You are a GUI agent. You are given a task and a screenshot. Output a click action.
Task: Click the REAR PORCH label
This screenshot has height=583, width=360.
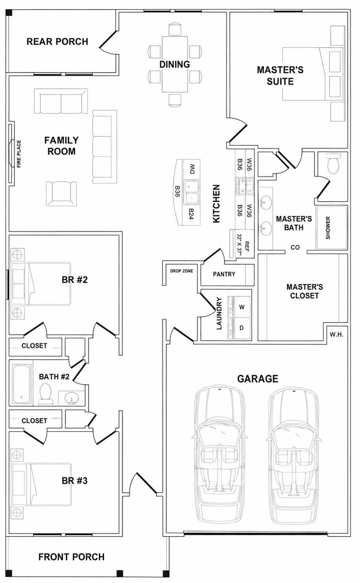tap(57, 42)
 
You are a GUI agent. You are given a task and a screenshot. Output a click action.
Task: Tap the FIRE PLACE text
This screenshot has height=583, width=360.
tap(19, 154)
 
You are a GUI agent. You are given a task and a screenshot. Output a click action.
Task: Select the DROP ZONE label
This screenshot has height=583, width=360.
tap(181, 271)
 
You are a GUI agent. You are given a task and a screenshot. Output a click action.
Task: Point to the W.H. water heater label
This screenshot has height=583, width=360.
tap(336, 335)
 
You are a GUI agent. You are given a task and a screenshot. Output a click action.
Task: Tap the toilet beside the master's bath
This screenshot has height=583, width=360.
tap(333, 163)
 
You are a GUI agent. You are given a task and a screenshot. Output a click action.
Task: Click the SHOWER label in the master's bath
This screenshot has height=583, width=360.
tap(328, 228)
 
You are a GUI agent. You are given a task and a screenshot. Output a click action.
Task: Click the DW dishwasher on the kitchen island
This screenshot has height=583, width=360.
tap(191, 169)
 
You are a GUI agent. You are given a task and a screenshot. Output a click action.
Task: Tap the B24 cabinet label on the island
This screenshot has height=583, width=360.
tap(191, 214)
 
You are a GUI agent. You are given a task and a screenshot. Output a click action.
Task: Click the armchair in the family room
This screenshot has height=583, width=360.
tap(61, 193)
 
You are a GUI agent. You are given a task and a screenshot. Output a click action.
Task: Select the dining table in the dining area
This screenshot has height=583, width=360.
tap(175, 64)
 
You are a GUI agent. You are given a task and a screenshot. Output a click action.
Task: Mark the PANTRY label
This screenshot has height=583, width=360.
tap(224, 274)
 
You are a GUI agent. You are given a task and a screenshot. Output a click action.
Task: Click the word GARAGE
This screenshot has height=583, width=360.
tap(257, 379)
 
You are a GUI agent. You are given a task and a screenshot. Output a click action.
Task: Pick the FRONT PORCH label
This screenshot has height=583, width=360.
tap(72, 557)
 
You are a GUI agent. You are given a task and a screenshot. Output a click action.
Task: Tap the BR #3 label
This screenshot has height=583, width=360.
tap(74, 481)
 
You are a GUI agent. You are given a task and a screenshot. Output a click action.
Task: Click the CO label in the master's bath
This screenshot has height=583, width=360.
tap(295, 247)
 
